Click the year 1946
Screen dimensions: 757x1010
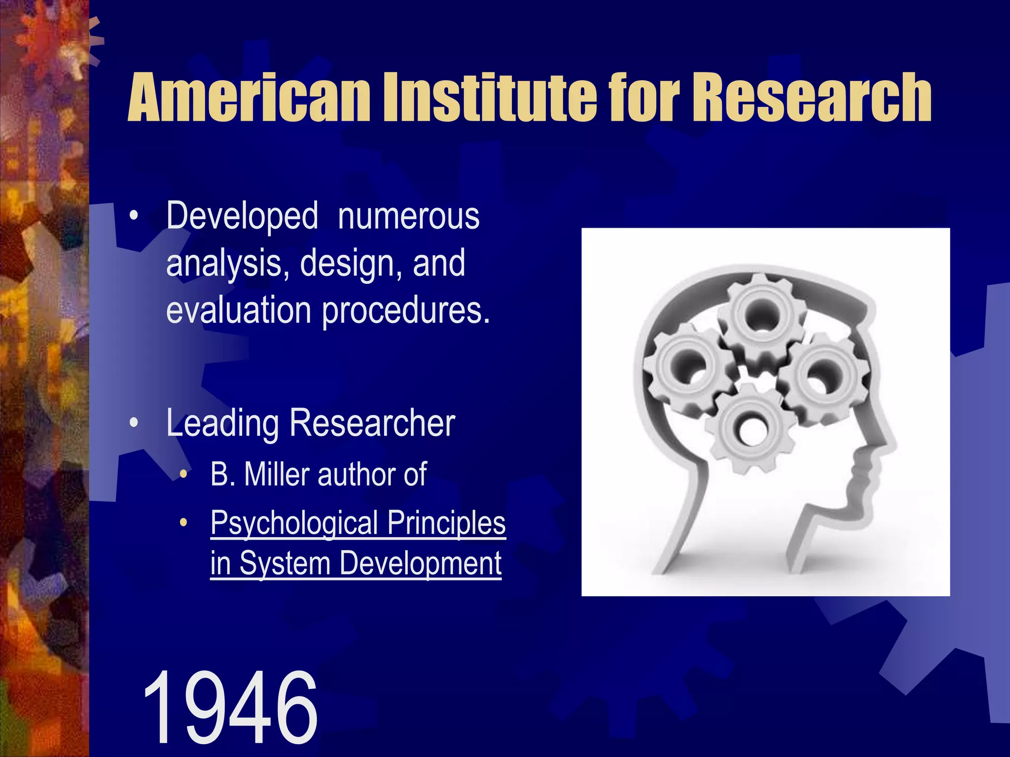[229, 708]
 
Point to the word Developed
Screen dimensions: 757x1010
[242, 217]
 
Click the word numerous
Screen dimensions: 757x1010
[408, 217]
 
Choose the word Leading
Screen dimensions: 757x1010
[222, 424]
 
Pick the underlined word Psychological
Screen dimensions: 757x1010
[293, 523]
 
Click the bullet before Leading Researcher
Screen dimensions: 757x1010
[133, 423]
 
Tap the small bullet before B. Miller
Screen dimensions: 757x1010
[183, 475]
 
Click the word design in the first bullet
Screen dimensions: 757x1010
[346, 264]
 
